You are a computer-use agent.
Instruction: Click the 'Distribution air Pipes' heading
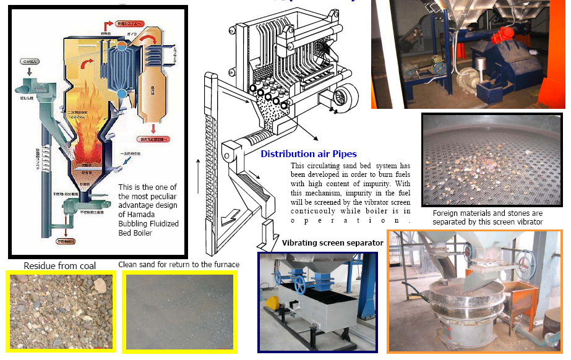click(308, 154)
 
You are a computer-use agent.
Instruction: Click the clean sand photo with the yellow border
click(180, 311)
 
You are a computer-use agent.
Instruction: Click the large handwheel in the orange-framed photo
click(526, 265)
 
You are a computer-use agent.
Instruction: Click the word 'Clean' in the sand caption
click(128, 264)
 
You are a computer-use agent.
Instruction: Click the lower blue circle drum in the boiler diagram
click(121, 93)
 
